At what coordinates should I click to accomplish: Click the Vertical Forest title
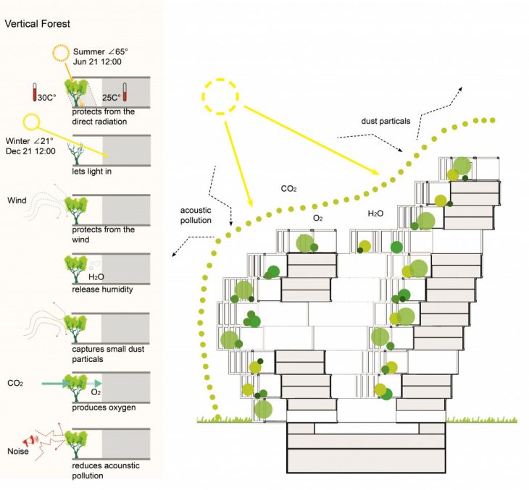click(x=37, y=24)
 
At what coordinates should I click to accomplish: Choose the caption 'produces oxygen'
click(x=104, y=407)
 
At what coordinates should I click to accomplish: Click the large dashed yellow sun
click(x=220, y=95)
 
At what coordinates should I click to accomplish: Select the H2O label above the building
click(x=375, y=215)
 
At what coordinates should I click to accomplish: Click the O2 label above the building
click(x=317, y=217)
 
